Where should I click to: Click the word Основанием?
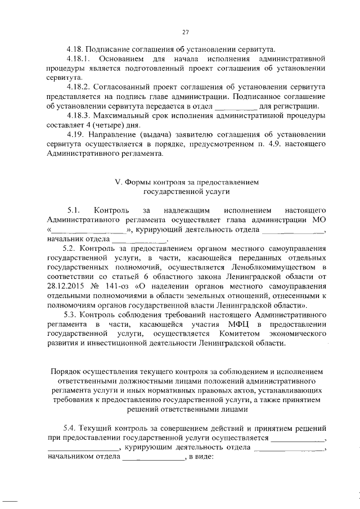[x=120, y=58]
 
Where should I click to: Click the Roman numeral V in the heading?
[x=117, y=182]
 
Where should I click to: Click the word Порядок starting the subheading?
[x=67, y=372]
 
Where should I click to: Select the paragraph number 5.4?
[x=70, y=430]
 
